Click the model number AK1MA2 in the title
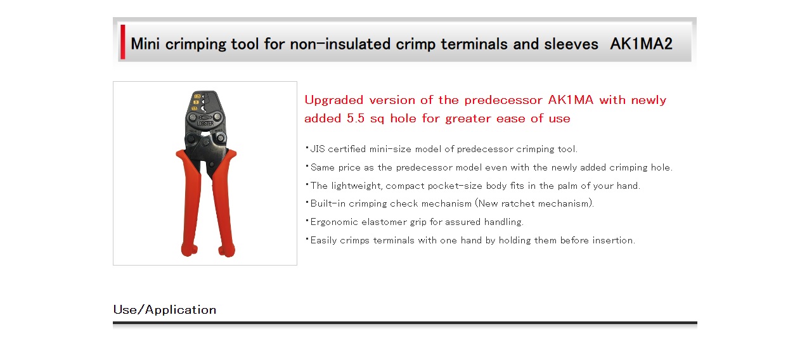point(641,44)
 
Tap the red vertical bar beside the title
point(123,41)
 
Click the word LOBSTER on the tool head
point(205,124)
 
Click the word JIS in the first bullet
point(318,149)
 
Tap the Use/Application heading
point(165,310)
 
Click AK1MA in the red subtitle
point(571,100)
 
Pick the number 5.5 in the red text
point(356,118)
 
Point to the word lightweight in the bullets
point(357,186)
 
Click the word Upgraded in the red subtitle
point(334,101)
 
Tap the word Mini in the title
point(145,44)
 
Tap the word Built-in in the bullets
point(328,203)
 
